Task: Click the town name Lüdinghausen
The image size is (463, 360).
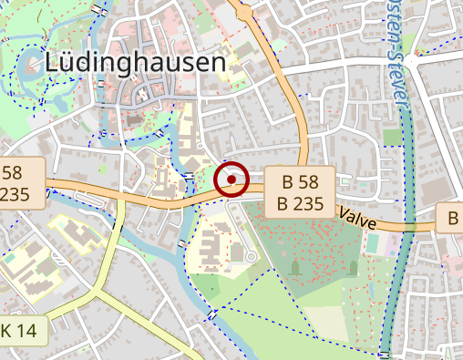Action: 135,62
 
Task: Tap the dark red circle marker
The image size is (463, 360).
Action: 231,180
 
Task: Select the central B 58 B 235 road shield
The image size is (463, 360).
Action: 302,191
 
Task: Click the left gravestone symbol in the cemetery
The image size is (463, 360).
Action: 295,268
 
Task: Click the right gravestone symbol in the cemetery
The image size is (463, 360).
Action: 353,267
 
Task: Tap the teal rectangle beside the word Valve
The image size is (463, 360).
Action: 372,243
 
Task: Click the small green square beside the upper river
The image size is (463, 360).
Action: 391,137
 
